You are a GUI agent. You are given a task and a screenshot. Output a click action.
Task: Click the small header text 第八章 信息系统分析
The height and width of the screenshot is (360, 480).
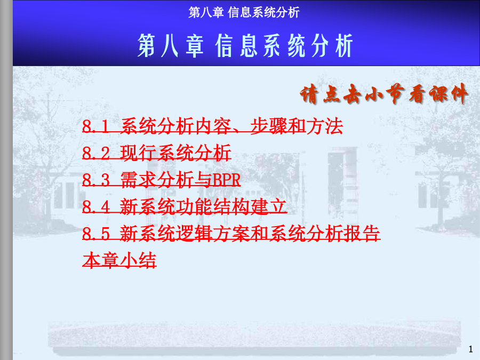tap(244, 13)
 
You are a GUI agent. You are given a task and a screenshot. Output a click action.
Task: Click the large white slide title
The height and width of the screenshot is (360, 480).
tap(245, 46)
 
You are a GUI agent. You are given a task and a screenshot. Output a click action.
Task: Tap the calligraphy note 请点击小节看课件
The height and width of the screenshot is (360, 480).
tap(383, 93)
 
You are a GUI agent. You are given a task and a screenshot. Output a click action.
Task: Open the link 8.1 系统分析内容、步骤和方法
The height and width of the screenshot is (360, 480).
tap(212, 126)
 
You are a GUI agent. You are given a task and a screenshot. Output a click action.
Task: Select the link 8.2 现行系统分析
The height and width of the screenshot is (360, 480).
tap(156, 153)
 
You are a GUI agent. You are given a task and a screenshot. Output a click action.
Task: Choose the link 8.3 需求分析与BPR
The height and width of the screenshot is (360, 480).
tap(161, 180)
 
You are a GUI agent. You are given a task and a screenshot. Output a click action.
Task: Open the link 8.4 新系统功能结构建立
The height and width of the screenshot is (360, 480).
tap(185, 206)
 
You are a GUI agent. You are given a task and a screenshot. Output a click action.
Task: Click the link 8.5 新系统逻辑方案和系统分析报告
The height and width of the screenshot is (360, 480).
tap(231, 233)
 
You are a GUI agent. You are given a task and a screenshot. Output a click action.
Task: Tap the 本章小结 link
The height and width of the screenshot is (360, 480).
tap(119, 260)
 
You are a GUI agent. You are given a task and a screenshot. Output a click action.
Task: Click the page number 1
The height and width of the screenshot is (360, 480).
tap(471, 349)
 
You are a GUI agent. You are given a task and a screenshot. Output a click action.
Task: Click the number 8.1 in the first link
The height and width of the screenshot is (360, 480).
tap(96, 126)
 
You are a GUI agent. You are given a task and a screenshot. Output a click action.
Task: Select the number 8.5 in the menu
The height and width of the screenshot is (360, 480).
tap(96, 234)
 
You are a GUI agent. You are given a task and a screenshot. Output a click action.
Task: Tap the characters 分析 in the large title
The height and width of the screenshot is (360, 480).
tap(332, 46)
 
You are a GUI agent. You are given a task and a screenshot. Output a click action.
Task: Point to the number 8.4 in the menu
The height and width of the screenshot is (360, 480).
tap(96, 206)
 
